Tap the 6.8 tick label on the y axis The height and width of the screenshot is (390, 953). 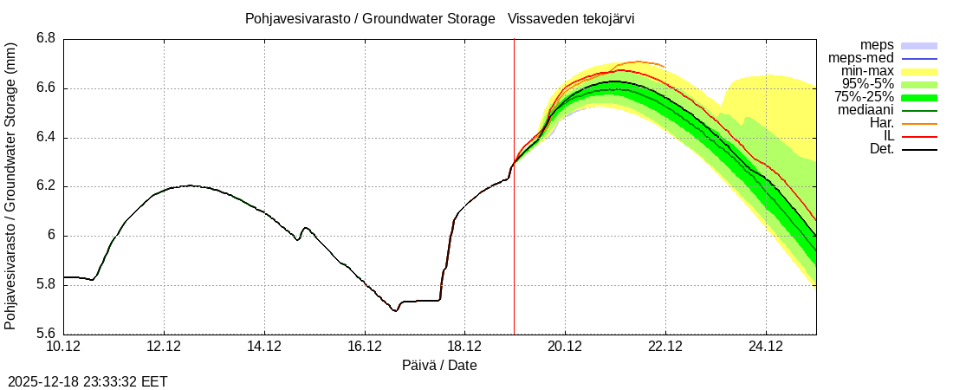point(46,39)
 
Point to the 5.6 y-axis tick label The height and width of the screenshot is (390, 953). point(46,334)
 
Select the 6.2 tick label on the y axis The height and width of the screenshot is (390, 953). point(46,186)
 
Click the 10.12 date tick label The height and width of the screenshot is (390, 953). point(63,347)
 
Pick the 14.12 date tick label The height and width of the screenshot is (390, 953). point(264,347)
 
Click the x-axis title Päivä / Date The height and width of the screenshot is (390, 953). point(439,366)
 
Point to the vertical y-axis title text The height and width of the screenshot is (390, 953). point(10,186)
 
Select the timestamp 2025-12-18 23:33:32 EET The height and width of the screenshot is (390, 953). point(88,381)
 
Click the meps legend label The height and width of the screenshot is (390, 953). point(877,45)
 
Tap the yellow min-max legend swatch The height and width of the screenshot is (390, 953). point(919,71)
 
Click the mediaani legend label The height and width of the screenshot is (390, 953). point(865,110)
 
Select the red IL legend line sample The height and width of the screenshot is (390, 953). point(919,136)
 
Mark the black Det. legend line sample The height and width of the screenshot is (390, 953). point(919,149)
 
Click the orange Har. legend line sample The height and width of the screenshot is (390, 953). point(919,123)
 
